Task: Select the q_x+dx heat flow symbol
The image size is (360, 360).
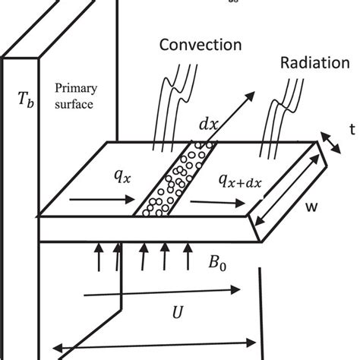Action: click(x=238, y=180)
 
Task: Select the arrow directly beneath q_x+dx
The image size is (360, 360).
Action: click(x=219, y=203)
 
